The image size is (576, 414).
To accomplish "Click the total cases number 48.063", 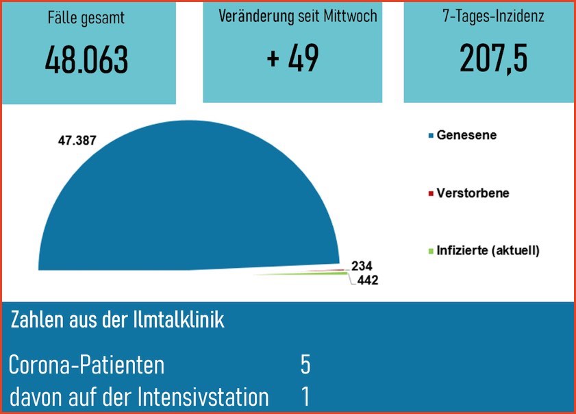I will (x=86, y=61).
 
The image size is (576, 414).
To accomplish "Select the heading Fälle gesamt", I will (x=86, y=19).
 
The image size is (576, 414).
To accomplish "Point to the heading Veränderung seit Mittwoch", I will (x=297, y=16).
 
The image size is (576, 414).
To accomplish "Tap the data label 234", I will (x=361, y=266).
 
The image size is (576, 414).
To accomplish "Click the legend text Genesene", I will (x=466, y=135).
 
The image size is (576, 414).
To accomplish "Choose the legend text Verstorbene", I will (x=473, y=193).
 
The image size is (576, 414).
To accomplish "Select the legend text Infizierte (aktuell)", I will (x=488, y=250).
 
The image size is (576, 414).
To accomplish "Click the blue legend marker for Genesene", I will (x=431, y=136).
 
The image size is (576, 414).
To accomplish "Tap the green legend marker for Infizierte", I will (x=431, y=251).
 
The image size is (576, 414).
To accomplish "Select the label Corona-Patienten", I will (x=86, y=365).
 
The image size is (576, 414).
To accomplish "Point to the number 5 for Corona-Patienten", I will (x=305, y=365).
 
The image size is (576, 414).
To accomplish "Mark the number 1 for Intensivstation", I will (x=305, y=396).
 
